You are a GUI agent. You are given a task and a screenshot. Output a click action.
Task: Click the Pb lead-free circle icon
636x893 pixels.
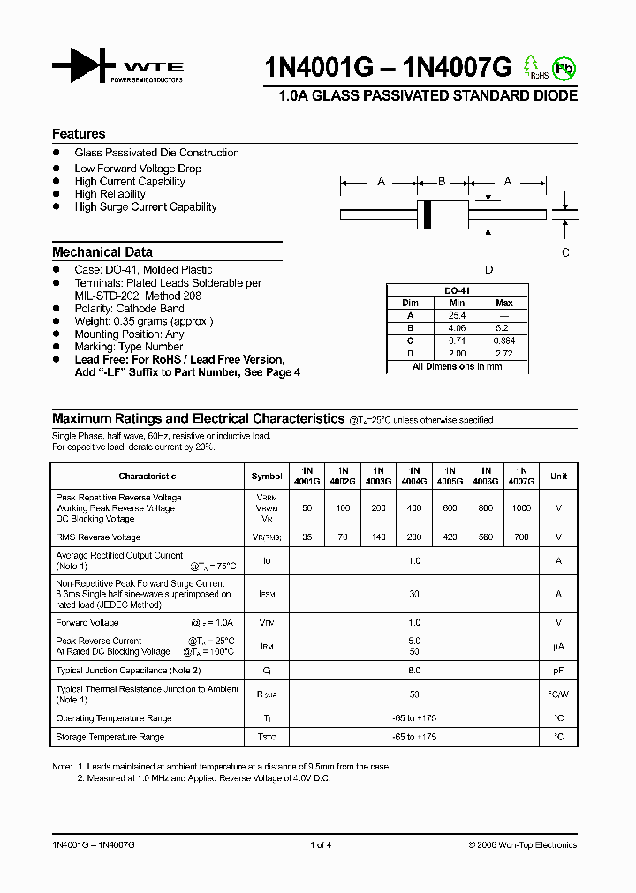[x=562, y=67]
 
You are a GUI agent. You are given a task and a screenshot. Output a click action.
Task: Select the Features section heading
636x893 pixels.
[x=79, y=134]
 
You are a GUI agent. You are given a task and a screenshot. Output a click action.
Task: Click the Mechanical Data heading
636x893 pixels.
[x=102, y=251]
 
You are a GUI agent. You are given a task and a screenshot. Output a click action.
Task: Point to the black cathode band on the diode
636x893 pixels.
[x=428, y=214]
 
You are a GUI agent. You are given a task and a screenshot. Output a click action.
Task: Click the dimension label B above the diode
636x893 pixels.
[x=443, y=182]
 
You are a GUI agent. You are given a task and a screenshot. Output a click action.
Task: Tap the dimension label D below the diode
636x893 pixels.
[x=488, y=270]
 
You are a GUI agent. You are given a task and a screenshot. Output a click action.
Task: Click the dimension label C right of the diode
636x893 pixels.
[x=565, y=251]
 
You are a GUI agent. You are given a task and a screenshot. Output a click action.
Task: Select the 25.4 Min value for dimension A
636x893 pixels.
[x=457, y=315]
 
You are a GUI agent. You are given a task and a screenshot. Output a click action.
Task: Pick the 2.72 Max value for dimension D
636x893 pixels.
[x=504, y=352]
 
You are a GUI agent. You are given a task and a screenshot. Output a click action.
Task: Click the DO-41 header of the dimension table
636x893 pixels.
[x=457, y=290]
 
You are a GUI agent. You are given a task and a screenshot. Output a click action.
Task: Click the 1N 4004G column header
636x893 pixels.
[x=413, y=476]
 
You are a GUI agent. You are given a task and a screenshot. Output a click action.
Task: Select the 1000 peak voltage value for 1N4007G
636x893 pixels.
[x=521, y=508]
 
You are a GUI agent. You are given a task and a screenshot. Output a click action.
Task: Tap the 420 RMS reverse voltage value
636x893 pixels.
[x=450, y=537]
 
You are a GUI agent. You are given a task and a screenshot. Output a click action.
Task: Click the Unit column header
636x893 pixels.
[x=558, y=476]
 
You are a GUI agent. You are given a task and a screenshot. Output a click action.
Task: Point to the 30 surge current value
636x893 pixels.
[x=414, y=594]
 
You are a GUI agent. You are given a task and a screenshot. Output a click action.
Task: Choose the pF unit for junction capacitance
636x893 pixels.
[x=558, y=670]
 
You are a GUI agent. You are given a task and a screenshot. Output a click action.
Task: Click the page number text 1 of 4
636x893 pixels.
[x=321, y=844]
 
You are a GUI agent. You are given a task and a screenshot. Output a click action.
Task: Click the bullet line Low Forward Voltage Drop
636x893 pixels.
[x=138, y=169]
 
